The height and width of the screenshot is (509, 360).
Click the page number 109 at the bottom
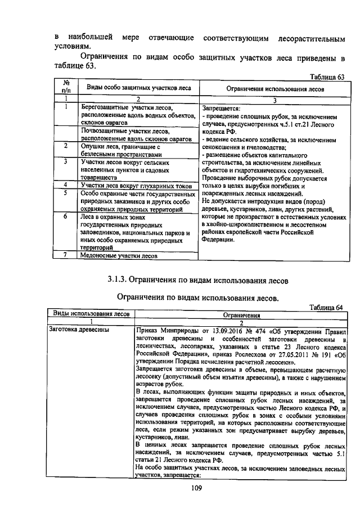pos(180,488)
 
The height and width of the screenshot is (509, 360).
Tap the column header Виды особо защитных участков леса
pos(138,88)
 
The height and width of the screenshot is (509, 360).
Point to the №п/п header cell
pos(66,85)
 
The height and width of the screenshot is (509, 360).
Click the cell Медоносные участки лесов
pos(119,255)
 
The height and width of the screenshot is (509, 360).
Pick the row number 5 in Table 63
pos(66,193)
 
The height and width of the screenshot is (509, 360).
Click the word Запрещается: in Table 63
pos(221,109)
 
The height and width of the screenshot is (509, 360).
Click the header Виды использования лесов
pos(91,313)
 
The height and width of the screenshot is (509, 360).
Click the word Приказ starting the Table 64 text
pos(148,330)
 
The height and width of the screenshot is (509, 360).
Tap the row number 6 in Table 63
pos(66,216)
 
